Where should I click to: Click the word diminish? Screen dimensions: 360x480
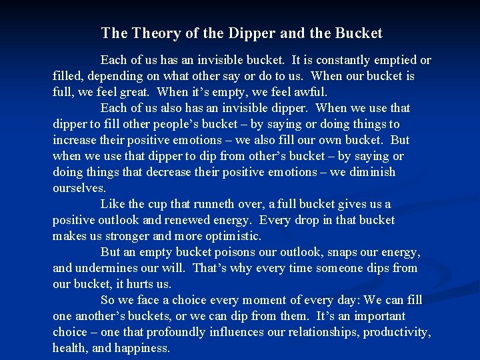[x=371, y=172]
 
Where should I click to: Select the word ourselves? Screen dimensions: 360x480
[x=79, y=188]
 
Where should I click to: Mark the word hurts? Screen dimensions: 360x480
[x=139, y=284]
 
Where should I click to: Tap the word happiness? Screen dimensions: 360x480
[x=141, y=348]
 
